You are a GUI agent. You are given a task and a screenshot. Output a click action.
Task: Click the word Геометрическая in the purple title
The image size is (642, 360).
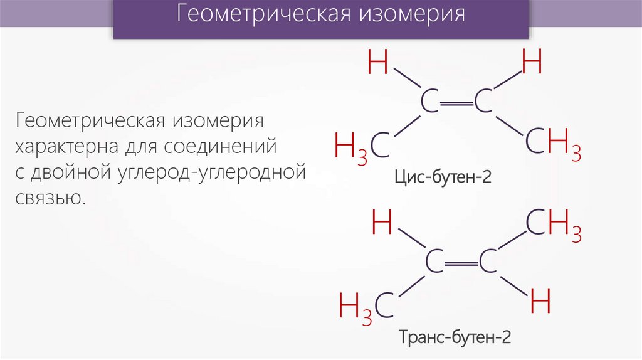click(x=262, y=16)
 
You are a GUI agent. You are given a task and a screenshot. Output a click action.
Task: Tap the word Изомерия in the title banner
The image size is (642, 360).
click(x=412, y=16)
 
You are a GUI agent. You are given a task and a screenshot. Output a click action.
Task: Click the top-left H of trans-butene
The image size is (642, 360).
click(x=382, y=224)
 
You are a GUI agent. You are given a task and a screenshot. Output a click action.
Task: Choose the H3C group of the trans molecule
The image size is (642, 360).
click(x=366, y=306)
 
